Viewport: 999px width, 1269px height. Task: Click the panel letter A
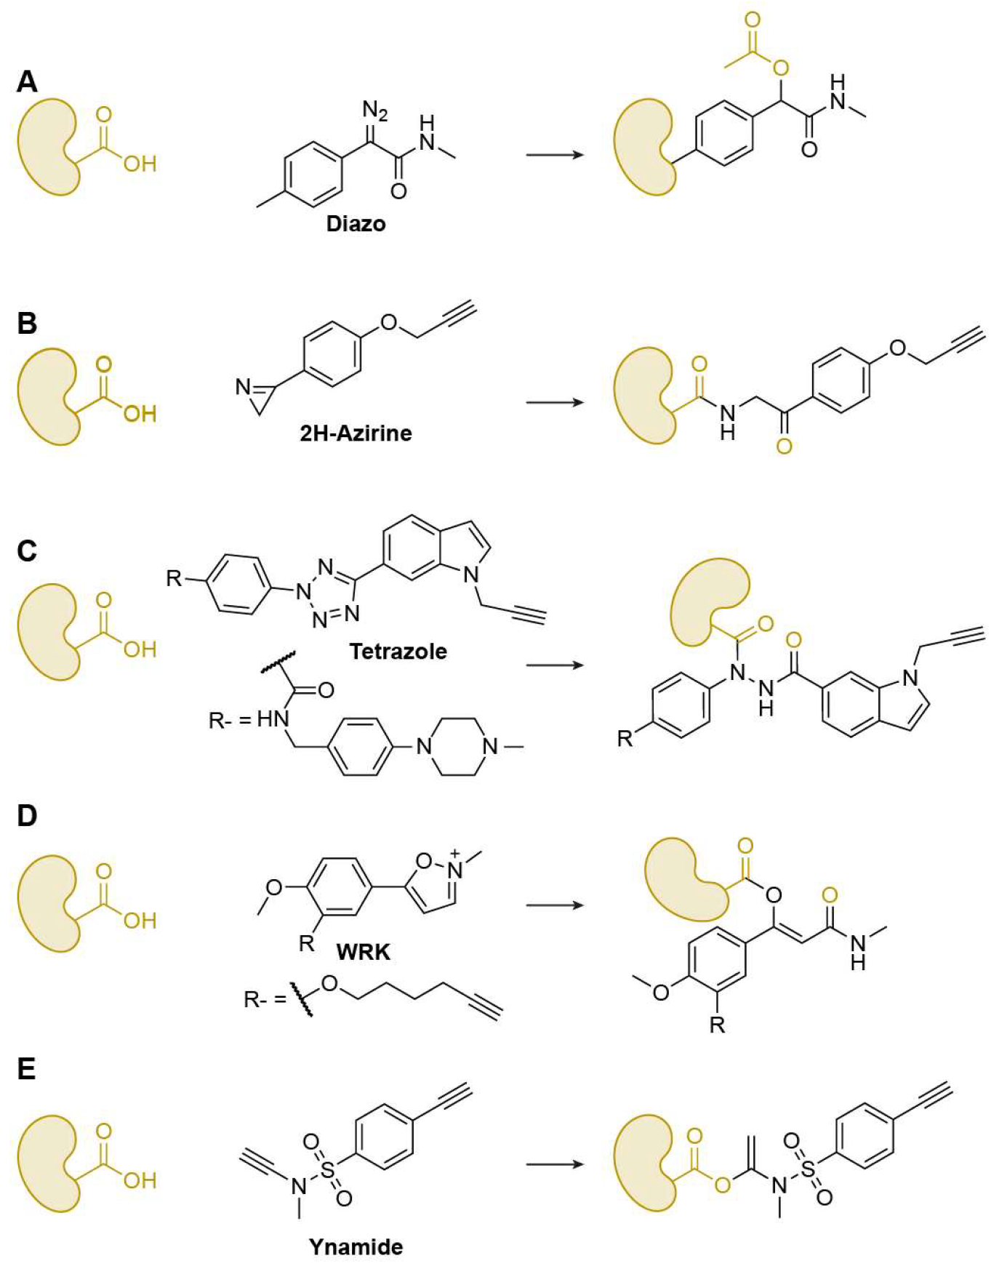click(x=27, y=81)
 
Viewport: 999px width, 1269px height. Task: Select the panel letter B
click(x=27, y=323)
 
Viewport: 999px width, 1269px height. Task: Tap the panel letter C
click(x=27, y=551)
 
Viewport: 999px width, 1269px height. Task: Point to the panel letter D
click(x=27, y=816)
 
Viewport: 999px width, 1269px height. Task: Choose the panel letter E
click(x=26, y=1070)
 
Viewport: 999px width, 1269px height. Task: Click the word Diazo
click(x=356, y=223)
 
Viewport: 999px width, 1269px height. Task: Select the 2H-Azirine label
click(x=356, y=433)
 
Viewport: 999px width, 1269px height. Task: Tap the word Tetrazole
click(x=398, y=651)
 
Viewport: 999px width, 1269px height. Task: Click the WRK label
click(x=363, y=951)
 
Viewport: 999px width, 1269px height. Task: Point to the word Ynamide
click(x=356, y=1247)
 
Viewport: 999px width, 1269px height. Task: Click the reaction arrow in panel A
click(x=555, y=155)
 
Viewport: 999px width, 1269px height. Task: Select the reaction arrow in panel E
click(x=555, y=1164)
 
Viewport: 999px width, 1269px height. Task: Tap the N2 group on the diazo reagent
click(x=375, y=111)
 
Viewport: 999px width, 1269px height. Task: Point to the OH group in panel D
click(x=140, y=921)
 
